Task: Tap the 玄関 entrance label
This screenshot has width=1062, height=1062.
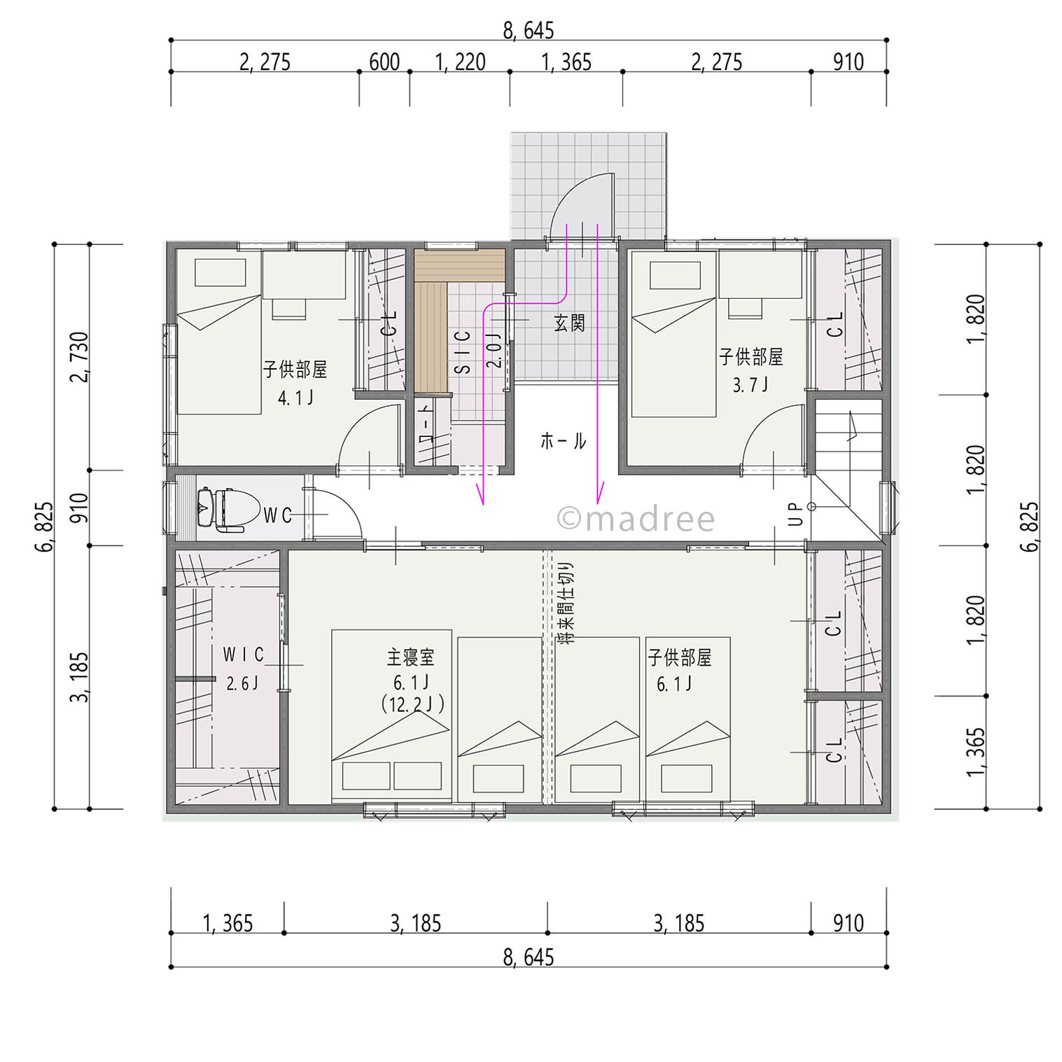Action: click(569, 323)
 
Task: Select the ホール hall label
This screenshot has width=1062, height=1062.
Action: click(563, 440)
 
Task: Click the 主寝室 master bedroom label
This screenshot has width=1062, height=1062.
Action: click(411, 657)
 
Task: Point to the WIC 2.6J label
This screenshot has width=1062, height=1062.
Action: click(242, 669)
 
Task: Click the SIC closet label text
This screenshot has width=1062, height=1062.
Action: click(463, 351)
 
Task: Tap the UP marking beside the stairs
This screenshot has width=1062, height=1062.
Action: click(796, 515)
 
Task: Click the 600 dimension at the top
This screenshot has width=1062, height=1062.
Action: click(384, 62)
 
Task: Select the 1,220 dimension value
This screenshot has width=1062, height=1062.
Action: click(460, 62)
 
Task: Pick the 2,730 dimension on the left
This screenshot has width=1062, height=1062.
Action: click(79, 357)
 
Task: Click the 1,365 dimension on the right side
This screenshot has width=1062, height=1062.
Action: click(975, 753)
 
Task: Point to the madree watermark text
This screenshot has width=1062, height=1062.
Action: click(636, 519)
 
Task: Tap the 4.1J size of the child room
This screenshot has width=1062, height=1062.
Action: click(295, 398)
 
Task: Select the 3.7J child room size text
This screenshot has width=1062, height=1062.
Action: click(750, 384)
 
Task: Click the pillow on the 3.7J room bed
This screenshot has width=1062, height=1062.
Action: click(675, 275)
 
